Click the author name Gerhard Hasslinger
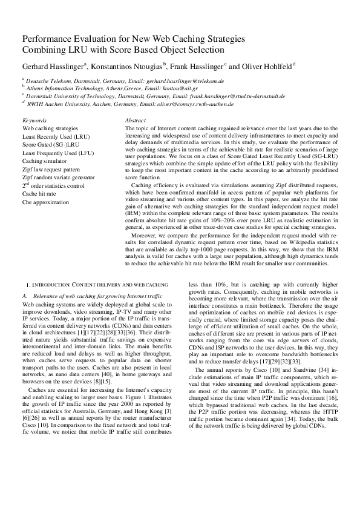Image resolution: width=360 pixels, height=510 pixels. pyautogui.click(x=54, y=65)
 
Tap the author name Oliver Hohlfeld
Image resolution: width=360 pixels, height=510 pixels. pyautogui.click(x=265, y=65)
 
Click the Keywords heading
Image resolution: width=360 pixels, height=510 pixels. pyautogui.click(x=34, y=121)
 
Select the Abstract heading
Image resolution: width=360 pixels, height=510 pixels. pyautogui.click(x=135, y=121)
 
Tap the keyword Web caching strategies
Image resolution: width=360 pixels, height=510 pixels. pyautogui.click(x=50, y=129)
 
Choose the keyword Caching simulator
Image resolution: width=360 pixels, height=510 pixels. pyautogui.click(x=45, y=161)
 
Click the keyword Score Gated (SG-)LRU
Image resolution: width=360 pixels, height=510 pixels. pyautogui.click(x=48, y=145)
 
